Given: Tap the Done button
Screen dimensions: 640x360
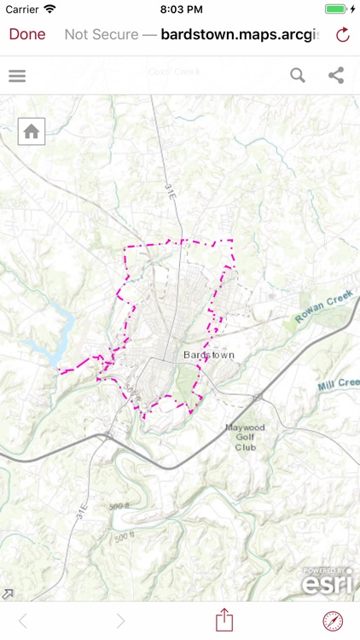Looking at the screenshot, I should [x=27, y=34].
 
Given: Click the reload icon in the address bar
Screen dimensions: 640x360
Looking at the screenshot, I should [x=343, y=35].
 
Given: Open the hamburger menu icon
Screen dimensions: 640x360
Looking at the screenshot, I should [x=17, y=76].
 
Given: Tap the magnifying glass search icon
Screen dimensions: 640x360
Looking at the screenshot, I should [x=297, y=76].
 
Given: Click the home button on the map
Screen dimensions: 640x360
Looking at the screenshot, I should [x=32, y=131].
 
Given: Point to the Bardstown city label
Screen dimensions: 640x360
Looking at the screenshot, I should [x=208, y=354].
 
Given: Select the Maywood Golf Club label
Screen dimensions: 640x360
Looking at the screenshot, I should [x=246, y=437].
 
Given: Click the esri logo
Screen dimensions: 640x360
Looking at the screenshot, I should [x=328, y=583].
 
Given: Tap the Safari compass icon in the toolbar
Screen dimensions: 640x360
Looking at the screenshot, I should [x=333, y=620].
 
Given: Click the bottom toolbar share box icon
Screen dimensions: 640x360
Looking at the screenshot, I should [x=224, y=620].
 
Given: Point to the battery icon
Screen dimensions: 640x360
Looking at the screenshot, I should [x=338, y=9].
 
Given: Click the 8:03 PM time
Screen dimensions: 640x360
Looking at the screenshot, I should [x=180, y=9].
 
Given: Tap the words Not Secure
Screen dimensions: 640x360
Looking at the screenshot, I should [x=100, y=35].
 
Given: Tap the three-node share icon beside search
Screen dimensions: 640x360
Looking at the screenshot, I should [x=336, y=76].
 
